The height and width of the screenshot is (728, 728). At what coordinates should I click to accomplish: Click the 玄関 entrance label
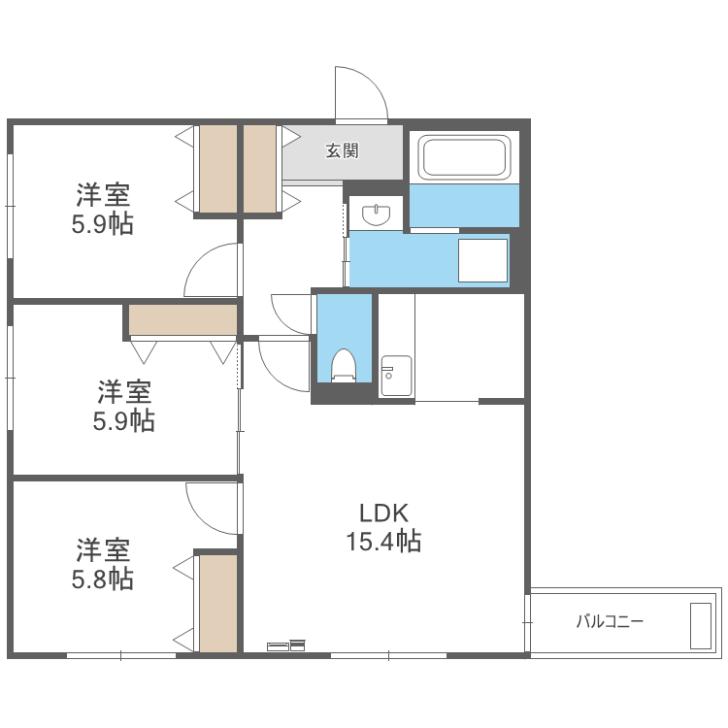(x=342, y=150)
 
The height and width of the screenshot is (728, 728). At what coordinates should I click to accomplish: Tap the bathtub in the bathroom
(x=464, y=157)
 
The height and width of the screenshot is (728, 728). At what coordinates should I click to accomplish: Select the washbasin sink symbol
(x=376, y=215)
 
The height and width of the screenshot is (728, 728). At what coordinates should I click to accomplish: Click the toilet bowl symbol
(x=344, y=365)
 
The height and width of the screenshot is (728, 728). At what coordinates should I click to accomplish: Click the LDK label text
(x=383, y=513)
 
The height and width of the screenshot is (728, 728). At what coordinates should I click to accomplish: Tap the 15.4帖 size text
(x=383, y=542)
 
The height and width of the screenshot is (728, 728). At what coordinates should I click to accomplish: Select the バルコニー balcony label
(x=610, y=621)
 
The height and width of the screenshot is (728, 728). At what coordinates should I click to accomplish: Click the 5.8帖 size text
(x=103, y=579)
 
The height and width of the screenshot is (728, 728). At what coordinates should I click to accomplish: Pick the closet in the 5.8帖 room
(x=218, y=603)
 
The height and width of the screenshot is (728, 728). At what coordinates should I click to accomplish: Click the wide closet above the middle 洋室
(x=182, y=319)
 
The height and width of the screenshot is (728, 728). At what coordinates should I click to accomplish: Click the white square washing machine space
(x=482, y=260)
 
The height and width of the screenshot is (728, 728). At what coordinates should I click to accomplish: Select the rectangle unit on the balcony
(x=701, y=625)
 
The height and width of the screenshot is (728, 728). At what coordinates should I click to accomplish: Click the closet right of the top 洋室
(x=218, y=169)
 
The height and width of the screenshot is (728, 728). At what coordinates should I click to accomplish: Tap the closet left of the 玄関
(x=259, y=169)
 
